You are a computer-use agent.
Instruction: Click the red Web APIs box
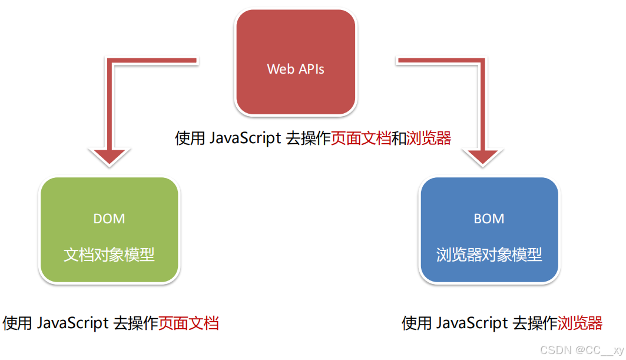pyautogui.click(x=296, y=62)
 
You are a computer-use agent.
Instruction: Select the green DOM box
pyautogui.click(x=109, y=230)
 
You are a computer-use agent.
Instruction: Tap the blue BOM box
pyautogui.click(x=489, y=230)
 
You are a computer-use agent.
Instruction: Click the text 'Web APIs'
pyautogui.click(x=296, y=69)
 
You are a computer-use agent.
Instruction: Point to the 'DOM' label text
pyautogui.click(x=109, y=219)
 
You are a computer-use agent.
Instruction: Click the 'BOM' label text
pyautogui.click(x=489, y=219)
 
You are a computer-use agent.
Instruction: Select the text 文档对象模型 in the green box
pyautogui.click(x=109, y=255)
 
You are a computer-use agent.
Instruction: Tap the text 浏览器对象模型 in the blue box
pyautogui.click(x=489, y=255)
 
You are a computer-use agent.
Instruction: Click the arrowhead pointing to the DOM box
pyautogui.click(x=109, y=157)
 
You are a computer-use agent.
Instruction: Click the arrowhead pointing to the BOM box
pyautogui.click(x=486, y=157)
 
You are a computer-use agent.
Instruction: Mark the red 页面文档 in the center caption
pyautogui.click(x=361, y=138)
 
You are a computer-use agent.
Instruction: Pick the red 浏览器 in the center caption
pyautogui.click(x=429, y=138)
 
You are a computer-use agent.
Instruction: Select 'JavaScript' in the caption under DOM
pyautogui.click(x=72, y=323)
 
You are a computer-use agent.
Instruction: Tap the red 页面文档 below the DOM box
pyautogui.click(x=188, y=323)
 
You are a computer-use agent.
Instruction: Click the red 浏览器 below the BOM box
pyautogui.click(x=580, y=323)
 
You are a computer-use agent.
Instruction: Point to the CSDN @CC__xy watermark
pyautogui.click(x=581, y=350)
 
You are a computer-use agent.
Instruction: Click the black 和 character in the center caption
pyautogui.click(x=399, y=138)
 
